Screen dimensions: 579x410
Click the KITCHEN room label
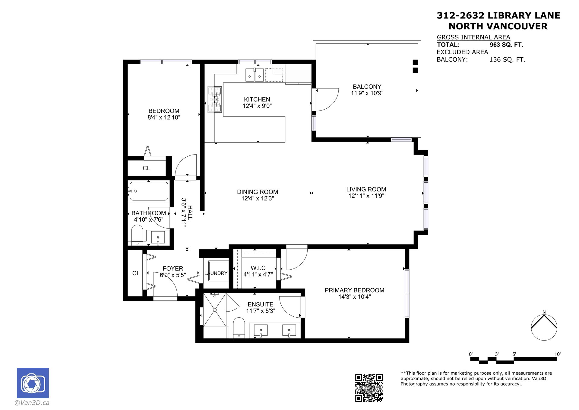[257, 99]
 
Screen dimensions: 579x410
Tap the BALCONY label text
[367, 87]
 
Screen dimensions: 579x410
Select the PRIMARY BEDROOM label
[354, 290]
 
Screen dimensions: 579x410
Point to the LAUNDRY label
[216, 273]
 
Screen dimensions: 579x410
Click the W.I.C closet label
[258, 268]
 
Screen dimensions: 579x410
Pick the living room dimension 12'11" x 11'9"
[366, 196]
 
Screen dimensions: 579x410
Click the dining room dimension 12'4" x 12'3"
[258, 198]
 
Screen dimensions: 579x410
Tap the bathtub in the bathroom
[148, 191]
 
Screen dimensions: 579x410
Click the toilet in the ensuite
[239, 328]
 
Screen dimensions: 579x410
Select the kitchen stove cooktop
[215, 99]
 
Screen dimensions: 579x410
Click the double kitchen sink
[255, 75]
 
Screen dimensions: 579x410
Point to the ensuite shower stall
[215, 310]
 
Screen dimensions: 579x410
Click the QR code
[369, 388]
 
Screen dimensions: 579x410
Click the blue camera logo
[33, 383]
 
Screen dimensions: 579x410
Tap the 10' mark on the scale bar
[557, 354]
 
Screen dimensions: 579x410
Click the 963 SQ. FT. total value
[506, 45]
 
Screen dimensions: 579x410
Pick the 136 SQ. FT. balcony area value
[507, 59]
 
